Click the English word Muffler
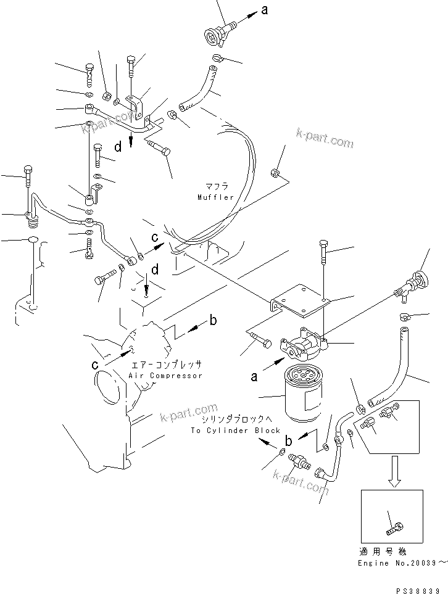point(215,197)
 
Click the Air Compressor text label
point(165,376)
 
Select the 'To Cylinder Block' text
point(235,431)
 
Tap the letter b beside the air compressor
point(213,320)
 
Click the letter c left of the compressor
point(96,365)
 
